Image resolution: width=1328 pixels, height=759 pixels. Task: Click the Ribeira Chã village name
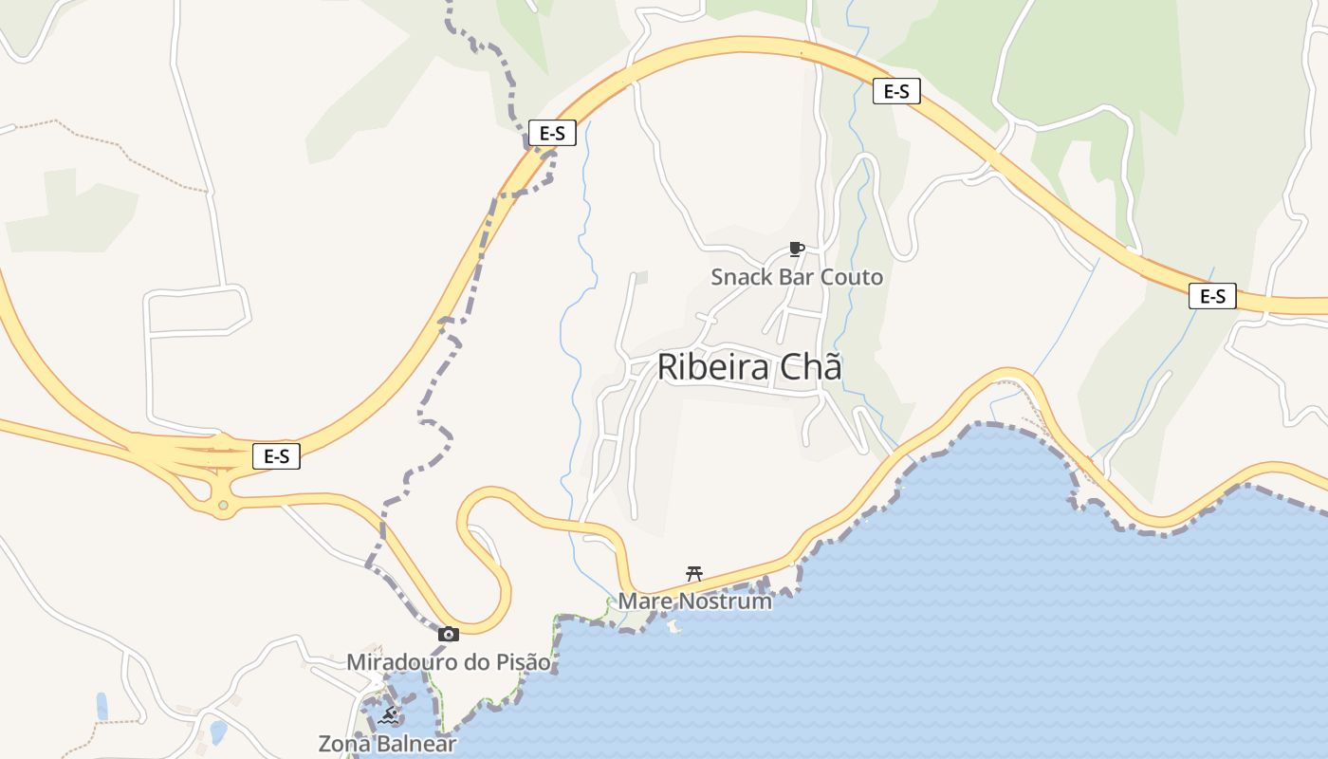[748, 367]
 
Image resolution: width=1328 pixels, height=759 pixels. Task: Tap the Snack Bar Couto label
[797, 277]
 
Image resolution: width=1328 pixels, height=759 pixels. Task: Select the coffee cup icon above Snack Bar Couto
[797, 250]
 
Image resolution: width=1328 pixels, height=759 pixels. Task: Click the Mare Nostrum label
[694, 601]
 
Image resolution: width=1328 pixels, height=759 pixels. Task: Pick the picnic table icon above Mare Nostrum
[694, 573]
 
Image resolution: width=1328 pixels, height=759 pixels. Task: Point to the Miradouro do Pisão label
[448, 661]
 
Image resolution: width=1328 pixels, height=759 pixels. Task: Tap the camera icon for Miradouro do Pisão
[449, 634]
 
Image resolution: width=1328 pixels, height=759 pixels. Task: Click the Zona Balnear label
[387, 744]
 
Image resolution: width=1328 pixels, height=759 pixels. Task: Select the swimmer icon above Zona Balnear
[387, 716]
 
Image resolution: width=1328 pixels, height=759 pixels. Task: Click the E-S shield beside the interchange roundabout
[276, 456]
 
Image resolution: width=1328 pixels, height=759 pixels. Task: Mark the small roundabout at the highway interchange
[223, 506]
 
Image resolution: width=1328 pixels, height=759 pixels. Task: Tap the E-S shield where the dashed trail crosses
[552, 133]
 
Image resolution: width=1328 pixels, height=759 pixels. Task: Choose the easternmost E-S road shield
[1212, 296]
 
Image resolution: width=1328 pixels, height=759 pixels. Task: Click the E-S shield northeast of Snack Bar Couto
[896, 91]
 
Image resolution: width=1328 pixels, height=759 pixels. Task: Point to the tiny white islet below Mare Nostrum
[674, 626]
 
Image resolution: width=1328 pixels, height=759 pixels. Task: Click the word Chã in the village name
[810, 367]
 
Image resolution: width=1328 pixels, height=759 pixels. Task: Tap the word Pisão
[522, 661]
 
